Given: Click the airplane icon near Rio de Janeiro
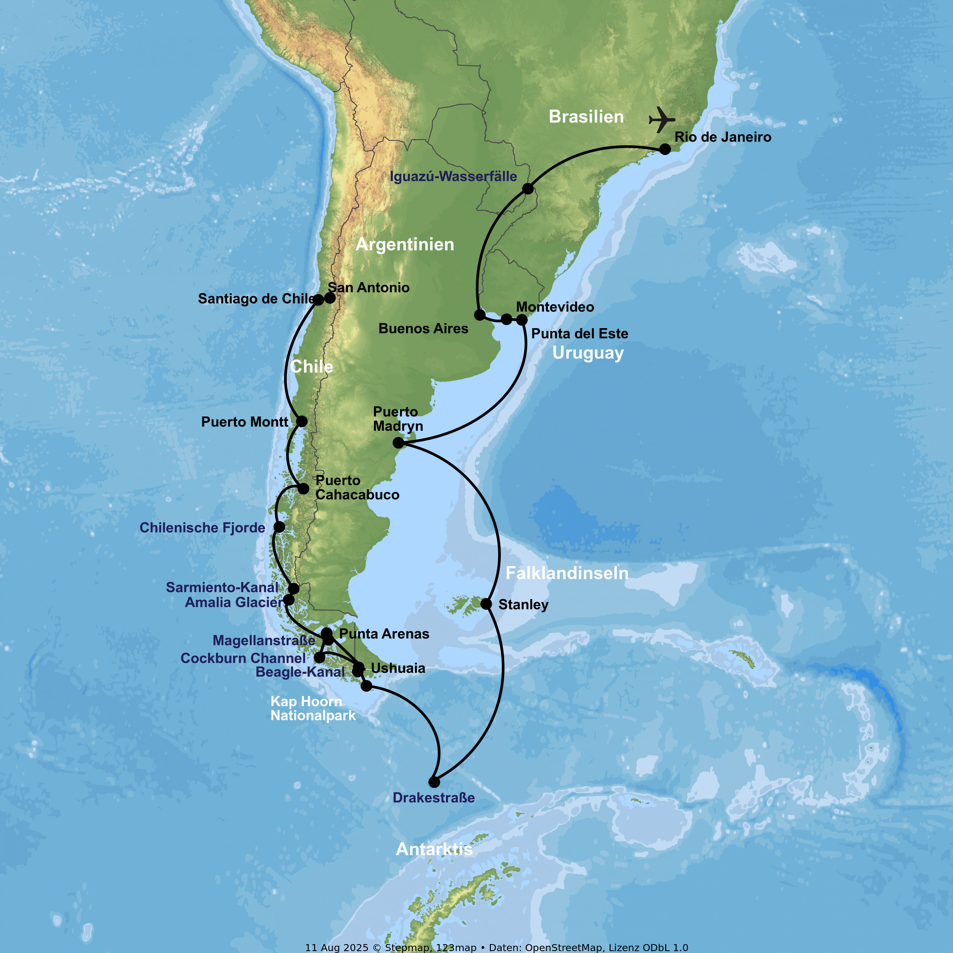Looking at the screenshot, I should coord(661,119).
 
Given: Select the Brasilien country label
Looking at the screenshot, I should coord(586,117).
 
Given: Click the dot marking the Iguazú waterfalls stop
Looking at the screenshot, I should coord(528,188).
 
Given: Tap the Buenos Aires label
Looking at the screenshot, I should coord(423,328).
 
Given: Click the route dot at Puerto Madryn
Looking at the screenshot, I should coord(398,443).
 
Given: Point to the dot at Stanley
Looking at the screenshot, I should coord(486,604).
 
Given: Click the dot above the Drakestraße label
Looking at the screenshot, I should coord(434,782).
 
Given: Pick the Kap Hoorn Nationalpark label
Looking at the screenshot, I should coord(312,708).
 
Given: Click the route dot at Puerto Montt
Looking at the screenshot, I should coord(302,421).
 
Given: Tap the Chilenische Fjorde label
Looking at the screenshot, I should coord(202,528).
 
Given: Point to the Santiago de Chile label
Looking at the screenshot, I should coord(255,299).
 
